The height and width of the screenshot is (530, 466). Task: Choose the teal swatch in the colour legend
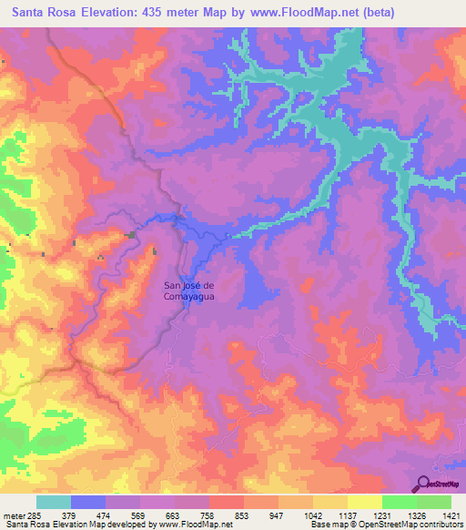click(54, 502)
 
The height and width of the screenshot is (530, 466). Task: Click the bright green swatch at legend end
click(434, 502)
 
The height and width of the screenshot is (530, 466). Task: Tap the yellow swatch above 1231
click(365, 502)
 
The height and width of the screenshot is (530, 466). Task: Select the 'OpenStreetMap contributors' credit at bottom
click(412, 525)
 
